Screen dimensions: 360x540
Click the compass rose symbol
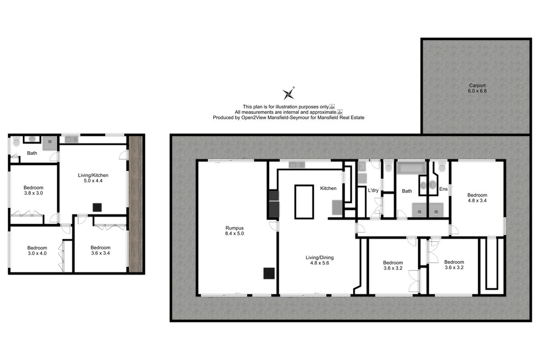pyautogui.click(x=288, y=93)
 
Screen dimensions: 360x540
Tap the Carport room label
pyautogui.click(x=477, y=88)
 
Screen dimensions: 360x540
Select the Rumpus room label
pyautogui.click(x=235, y=230)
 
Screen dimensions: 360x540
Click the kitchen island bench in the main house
pyautogui.click(x=304, y=202)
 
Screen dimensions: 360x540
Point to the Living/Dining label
pyautogui.click(x=319, y=261)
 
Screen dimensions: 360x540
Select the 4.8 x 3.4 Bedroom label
pyautogui.click(x=477, y=198)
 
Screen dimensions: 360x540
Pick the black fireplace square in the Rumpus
pyautogui.click(x=270, y=273)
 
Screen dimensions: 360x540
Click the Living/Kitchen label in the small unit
pyautogui.click(x=93, y=178)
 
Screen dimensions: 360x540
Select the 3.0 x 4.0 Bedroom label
pyautogui.click(x=37, y=251)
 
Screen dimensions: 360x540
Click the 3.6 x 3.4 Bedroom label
pyautogui.click(x=100, y=250)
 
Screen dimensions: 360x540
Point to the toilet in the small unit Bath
pyautogui.click(x=17, y=142)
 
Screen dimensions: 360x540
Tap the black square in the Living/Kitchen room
pyautogui.click(x=97, y=207)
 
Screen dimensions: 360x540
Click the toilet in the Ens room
pyautogui.click(x=442, y=167)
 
